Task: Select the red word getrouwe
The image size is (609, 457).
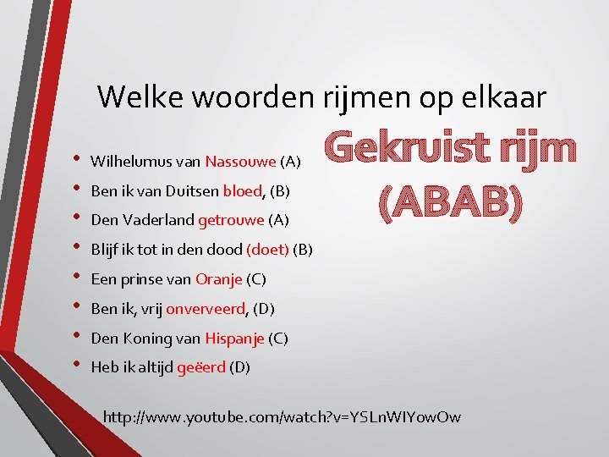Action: point(231,221)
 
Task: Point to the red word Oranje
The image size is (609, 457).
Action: point(219,279)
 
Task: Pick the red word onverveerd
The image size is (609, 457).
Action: point(206,309)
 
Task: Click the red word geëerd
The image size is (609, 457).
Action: point(203,368)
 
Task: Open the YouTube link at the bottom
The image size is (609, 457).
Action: point(281,416)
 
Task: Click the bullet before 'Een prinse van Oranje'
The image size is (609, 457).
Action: point(77,278)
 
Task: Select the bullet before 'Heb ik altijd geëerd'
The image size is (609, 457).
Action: point(77,366)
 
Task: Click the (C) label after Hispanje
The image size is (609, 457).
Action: point(278,339)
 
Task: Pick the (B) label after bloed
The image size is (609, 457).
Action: point(280,191)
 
